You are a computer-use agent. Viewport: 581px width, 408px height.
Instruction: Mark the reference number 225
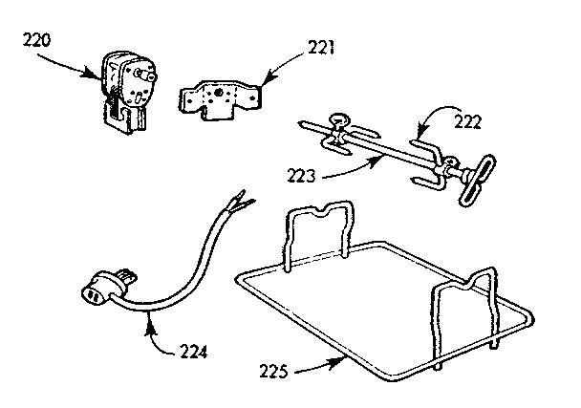pyautogui.click(x=278, y=366)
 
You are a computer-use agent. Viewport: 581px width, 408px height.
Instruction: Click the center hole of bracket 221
pyautogui.click(x=222, y=95)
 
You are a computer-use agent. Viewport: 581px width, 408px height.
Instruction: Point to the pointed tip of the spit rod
pyautogui.click(x=302, y=124)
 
